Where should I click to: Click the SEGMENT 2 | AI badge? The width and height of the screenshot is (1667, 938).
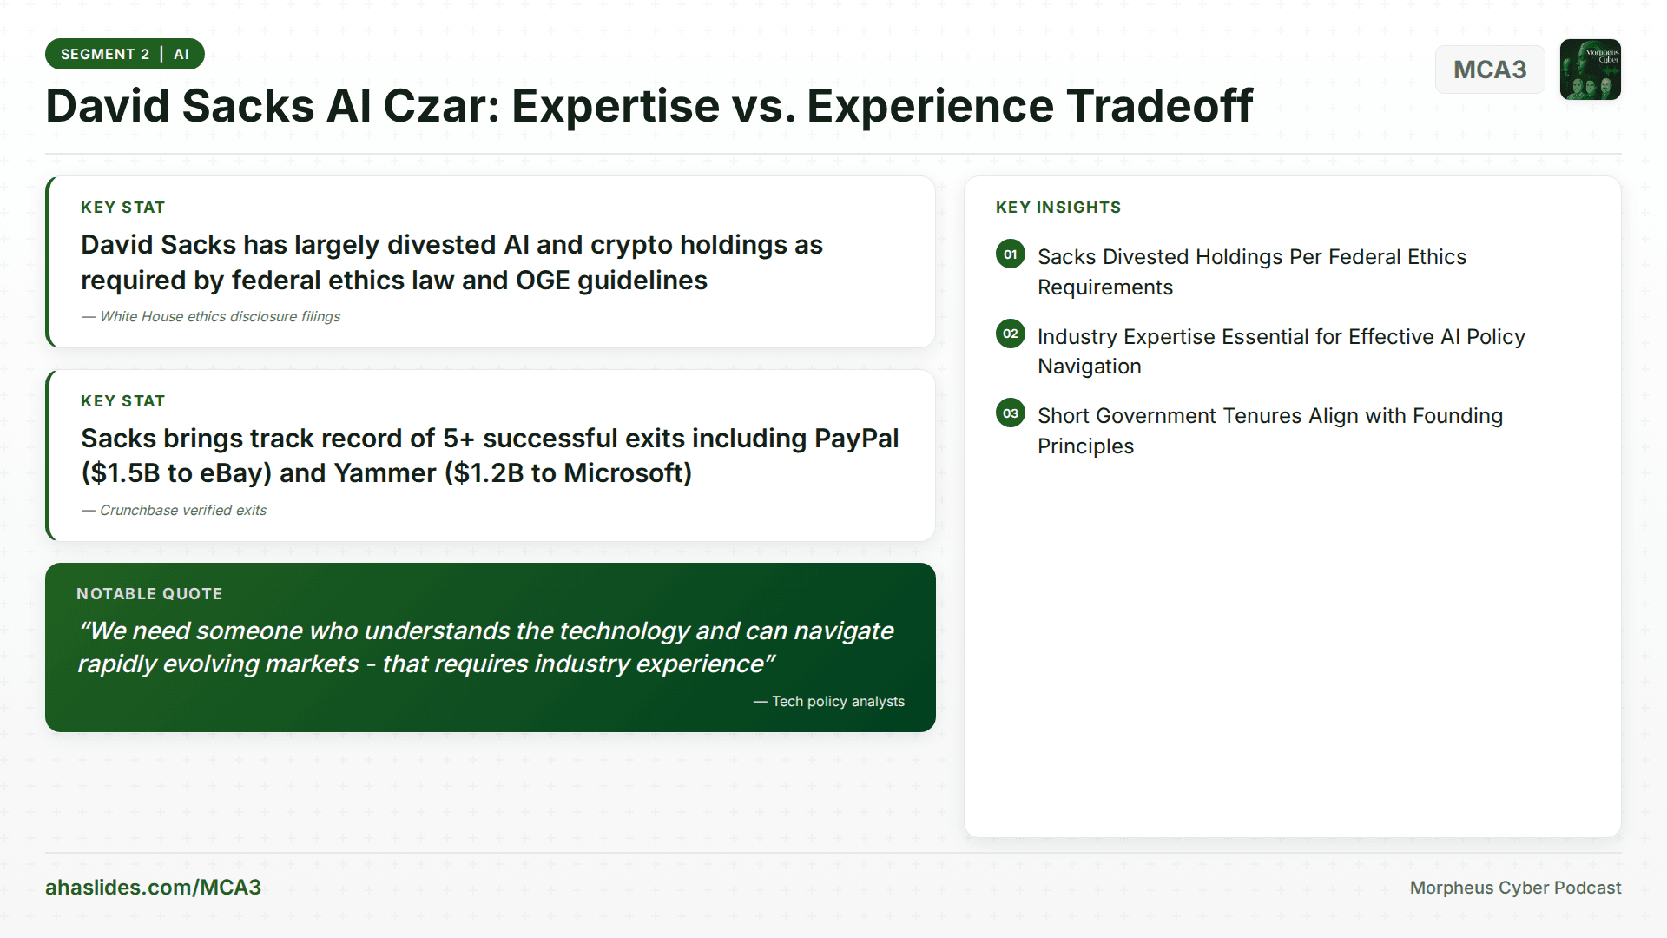(x=125, y=54)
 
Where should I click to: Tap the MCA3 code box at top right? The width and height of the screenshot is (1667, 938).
(x=1490, y=69)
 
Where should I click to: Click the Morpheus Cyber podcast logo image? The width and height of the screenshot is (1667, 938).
(x=1591, y=69)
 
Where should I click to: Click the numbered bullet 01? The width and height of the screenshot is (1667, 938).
(x=1011, y=254)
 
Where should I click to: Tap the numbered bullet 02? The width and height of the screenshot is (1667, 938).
(x=1011, y=334)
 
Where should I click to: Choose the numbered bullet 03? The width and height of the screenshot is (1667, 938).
(x=1011, y=413)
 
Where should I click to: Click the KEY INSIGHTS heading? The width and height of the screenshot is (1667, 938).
(x=1058, y=208)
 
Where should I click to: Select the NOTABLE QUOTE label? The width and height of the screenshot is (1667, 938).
(x=149, y=594)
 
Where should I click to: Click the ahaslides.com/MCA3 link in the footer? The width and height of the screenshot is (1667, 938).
(x=153, y=888)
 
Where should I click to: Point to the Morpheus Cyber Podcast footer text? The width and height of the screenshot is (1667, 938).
(x=1515, y=888)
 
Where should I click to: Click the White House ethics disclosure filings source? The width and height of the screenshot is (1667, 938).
(x=211, y=317)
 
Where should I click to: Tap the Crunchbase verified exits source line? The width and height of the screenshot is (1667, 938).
(x=175, y=511)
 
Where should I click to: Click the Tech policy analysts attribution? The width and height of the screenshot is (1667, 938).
(x=829, y=702)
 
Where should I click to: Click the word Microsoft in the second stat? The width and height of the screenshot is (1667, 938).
(x=628, y=473)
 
